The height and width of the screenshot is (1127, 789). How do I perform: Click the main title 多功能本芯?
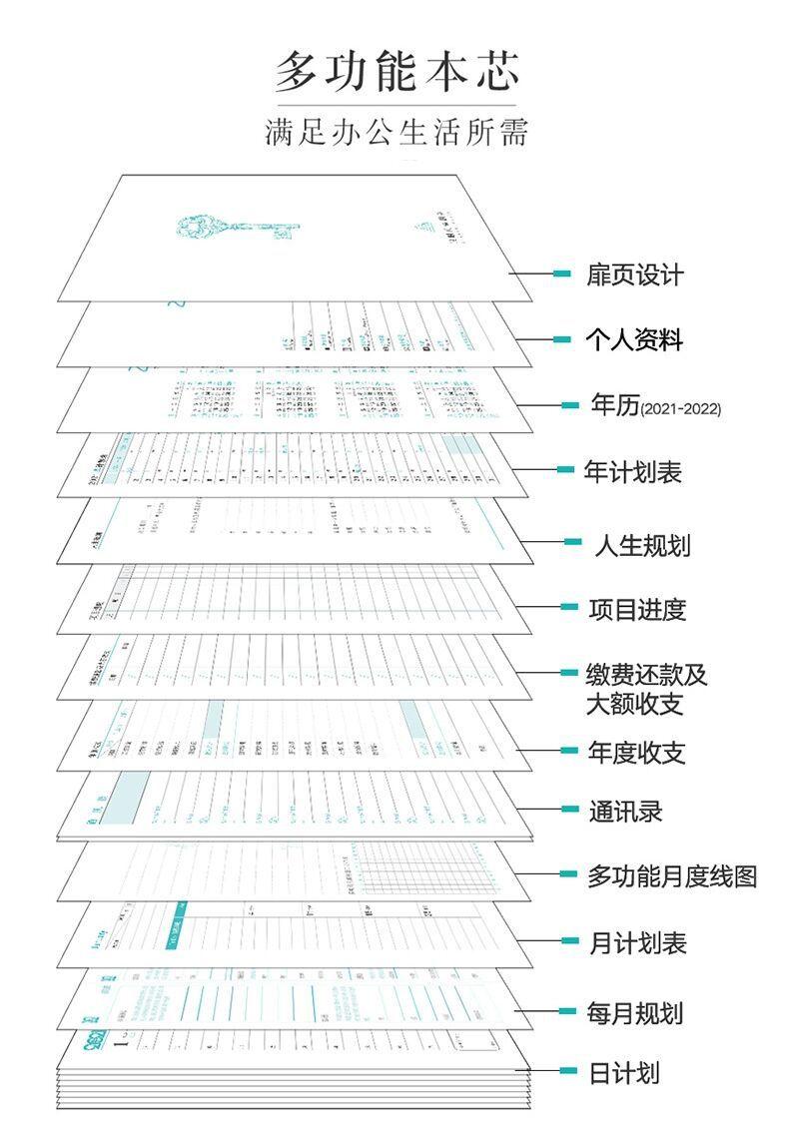pyautogui.click(x=396, y=73)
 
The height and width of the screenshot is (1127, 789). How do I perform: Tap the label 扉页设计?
pyautogui.click(x=635, y=275)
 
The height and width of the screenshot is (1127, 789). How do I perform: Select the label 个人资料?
pyautogui.click(x=634, y=339)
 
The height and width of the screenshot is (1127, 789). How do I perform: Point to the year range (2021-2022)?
pyautogui.click(x=680, y=409)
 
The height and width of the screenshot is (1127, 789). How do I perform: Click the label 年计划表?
pyautogui.click(x=632, y=471)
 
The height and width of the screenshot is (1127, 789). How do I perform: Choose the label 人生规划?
pyautogui.click(x=642, y=545)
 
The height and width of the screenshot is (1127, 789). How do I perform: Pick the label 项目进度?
pyautogui.click(x=637, y=609)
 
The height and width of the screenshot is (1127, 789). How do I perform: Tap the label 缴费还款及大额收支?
pyautogui.click(x=646, y=689)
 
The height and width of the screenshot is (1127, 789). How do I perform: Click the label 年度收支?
pyautogui.click(x=637, y=752)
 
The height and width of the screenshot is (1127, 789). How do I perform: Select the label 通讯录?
pyautogui.click(x=625, y=811)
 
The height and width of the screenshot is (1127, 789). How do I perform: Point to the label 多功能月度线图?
pyautogui.click(x=671, y=876)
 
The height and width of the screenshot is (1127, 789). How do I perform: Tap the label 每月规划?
pyautogui.click(x=635, y=1013)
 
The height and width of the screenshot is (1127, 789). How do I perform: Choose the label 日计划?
pyautogui.click(x=624, y=1074)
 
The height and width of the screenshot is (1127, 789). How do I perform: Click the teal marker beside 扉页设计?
pyautogui.click(x=562, y=274)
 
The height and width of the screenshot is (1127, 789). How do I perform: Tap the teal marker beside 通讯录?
pyautogui.click(x=569, y=809)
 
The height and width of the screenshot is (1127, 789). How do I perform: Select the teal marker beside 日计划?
pyautogui.click(x=568, y=1072)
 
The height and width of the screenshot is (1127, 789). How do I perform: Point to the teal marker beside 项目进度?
pyautogui.click(x=569, y=607)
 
